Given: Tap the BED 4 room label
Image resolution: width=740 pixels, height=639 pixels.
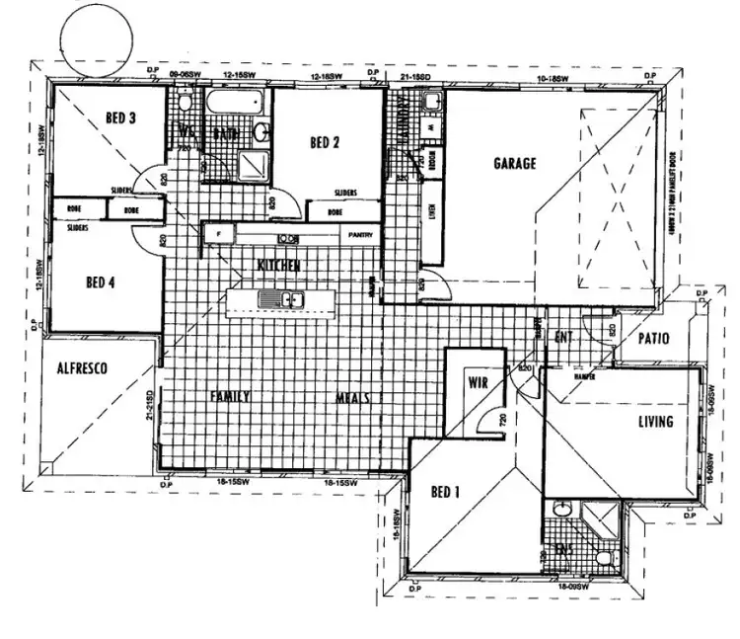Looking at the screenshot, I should [101, 281].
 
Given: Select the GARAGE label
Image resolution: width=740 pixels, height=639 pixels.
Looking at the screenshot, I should [515, 163].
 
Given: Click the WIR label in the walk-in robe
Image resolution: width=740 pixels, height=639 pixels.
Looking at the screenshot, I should [479, 380].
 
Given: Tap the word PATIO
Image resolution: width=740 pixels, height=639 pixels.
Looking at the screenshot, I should [653, 339].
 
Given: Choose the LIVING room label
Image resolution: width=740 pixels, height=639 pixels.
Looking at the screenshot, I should [655, 422].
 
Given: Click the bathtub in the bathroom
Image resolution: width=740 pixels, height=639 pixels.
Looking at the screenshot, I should [234, 101].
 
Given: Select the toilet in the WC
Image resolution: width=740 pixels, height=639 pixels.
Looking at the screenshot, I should [185, 100].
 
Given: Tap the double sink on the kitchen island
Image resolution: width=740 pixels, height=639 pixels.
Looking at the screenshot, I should [280, 299].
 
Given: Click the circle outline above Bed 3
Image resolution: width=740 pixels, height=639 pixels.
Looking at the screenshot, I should [95, 33].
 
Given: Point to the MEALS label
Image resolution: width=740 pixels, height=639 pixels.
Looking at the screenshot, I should [352, 397].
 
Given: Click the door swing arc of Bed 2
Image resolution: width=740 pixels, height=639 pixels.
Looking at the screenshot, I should [290, 202].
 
